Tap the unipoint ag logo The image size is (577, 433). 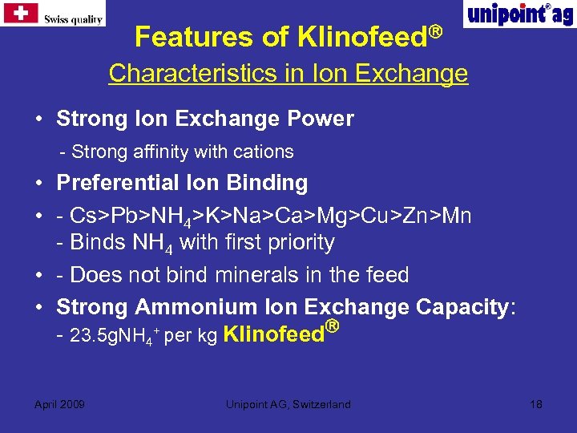tap(518, 14)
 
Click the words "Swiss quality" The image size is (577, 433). tap(73, 19)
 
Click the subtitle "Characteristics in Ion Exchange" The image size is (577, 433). tap(288, 74)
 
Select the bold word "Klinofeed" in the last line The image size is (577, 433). tap(272, 334)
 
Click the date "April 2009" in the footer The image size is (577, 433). tap(60, 404)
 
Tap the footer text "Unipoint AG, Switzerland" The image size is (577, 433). tap(288, 404)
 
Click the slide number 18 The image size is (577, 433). tap(536, 404)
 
